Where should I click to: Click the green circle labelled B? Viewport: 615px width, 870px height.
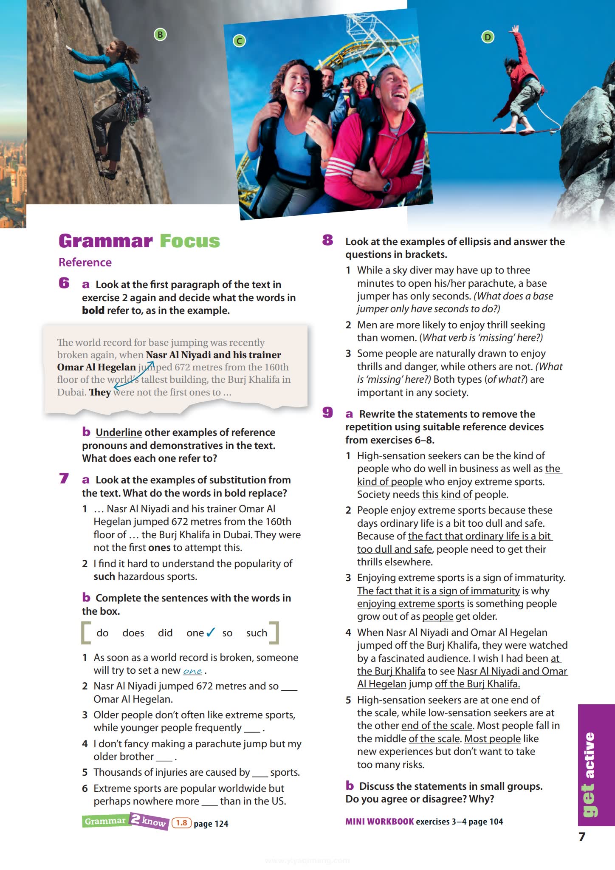coord(160,35)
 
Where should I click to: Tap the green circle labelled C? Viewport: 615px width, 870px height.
coord(240,41)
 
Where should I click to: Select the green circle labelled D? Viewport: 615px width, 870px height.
coord(488,37)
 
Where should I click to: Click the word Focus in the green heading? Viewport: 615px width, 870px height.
coord(190,241)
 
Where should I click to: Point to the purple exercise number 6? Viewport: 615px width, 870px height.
coord(64,283)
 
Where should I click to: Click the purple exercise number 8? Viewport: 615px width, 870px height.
coord(327,240)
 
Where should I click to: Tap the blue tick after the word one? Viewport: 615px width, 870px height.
coord(211,633)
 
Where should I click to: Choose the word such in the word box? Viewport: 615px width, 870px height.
coord(257,633)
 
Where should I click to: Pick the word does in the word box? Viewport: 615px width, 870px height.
coord(133,633)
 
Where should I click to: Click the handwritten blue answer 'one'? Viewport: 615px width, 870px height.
coord(192,671)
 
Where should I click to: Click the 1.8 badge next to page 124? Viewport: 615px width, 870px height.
coord(181,823)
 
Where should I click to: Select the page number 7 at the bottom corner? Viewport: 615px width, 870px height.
coord(582,837)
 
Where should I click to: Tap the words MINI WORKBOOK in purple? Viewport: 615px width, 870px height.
coord(379,822)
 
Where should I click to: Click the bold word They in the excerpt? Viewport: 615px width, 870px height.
coord(100,392)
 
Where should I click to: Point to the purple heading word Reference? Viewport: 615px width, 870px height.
coord(85,263)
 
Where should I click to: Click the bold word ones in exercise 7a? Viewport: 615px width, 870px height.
coord(159,548)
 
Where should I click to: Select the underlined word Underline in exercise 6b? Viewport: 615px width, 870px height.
coord(118,432)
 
